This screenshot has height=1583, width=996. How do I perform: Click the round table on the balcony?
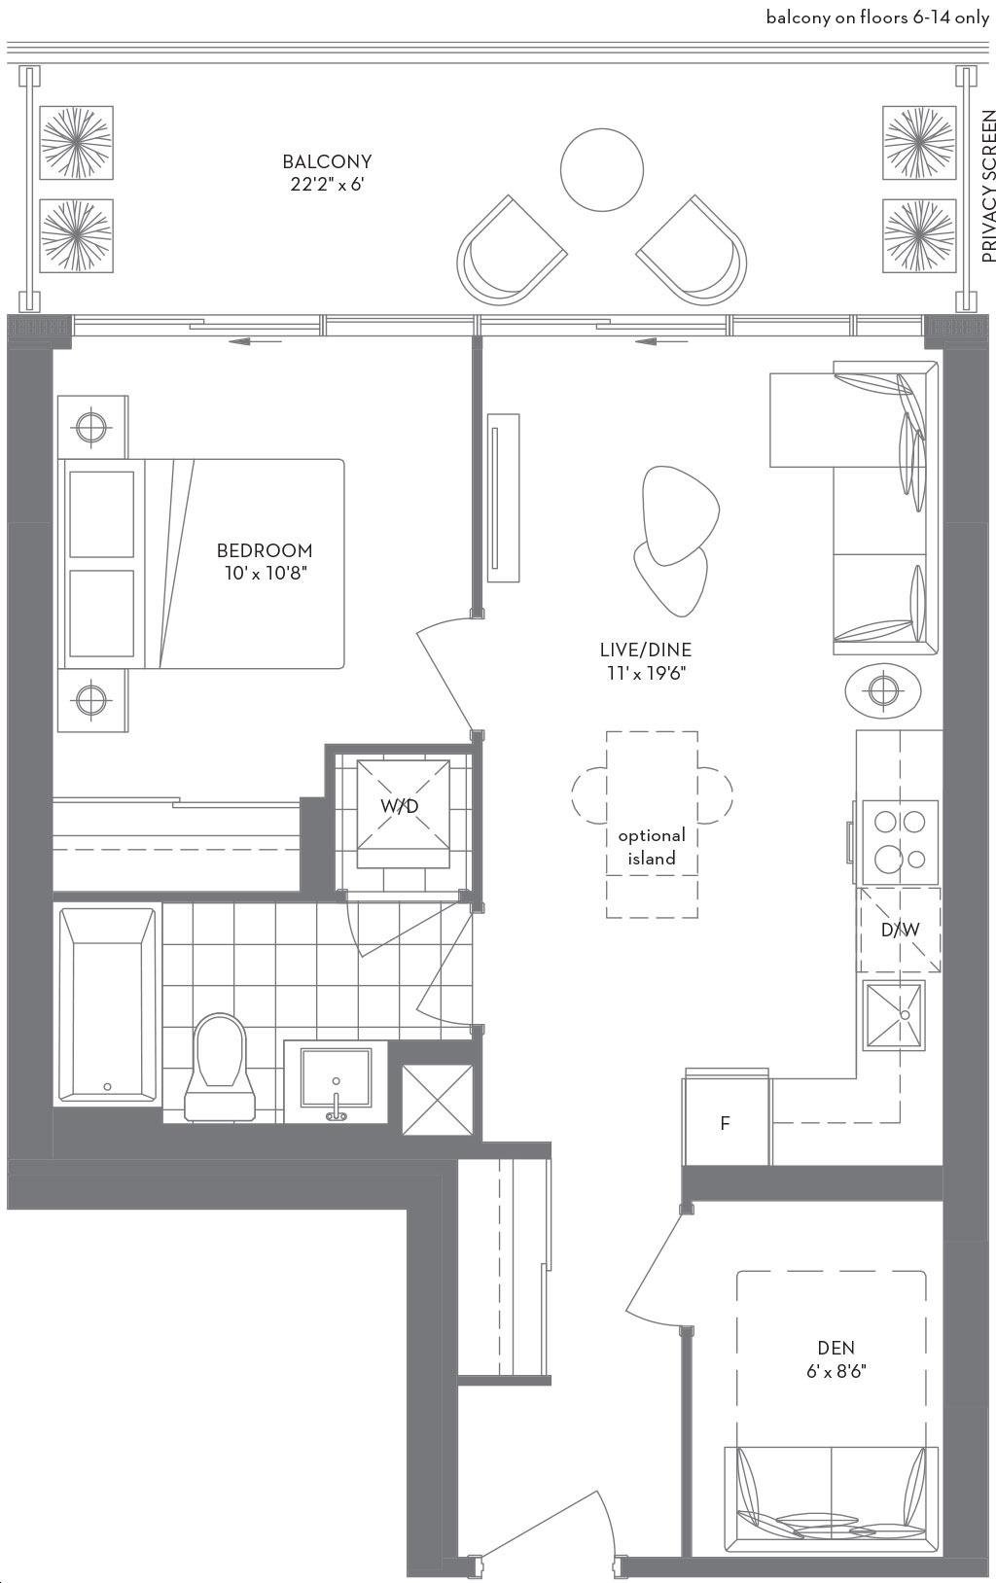tap(602, 169)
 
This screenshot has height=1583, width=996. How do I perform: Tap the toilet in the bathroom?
tap(220, 1067)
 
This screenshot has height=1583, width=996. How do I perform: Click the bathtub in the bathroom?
tap(107, 1004)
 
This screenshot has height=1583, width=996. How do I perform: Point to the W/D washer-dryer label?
tap(400, 806)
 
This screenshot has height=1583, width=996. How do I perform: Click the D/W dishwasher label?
tap(900, 930)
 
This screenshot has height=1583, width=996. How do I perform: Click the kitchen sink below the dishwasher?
tap(894, 1014)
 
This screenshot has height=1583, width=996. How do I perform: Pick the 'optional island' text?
tap(652, 847)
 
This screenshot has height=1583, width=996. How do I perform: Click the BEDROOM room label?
tap(265, 549)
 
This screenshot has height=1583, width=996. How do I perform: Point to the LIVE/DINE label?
tap(646, 650)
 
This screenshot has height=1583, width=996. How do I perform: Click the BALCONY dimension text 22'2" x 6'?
tap(327, 185)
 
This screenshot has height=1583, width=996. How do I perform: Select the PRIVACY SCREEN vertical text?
tap(987, 186)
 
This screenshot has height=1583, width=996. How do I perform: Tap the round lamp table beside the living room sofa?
tap(883, 687)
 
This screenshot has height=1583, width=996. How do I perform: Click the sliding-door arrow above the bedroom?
tap(255, 342)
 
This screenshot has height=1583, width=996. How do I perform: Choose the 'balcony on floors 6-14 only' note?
tap(877, 18)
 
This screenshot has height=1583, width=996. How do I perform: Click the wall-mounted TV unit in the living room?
tap(503, 498)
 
